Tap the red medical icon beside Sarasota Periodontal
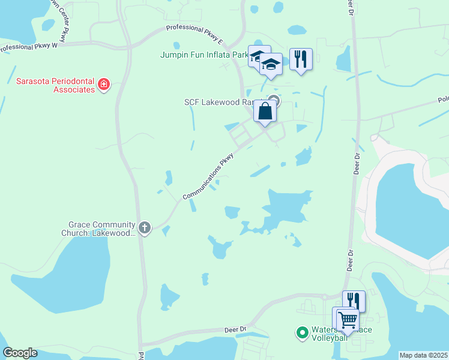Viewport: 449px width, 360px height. pyautogui.click(x=104, y=84)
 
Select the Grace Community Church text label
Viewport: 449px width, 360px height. pyautogui.click(x=99, y=229)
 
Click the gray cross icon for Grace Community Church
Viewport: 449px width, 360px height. pyautogui.click(x=144, y=227)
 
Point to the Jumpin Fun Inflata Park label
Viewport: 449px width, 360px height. pyautogui.click(x=204, y=55)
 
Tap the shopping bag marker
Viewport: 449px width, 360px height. pyautogui.click(x=265, y=111)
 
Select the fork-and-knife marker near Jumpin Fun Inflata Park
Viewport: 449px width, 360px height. pyautogui.click(x=301, y=59)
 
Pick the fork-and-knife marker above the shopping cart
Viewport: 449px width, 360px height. pyautogui.click(x=354, y=301)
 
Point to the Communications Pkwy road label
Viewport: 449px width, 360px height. pyautogui.click(x=208, y=176)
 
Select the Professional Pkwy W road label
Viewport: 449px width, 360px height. pyautogui.click(x=29, y=46)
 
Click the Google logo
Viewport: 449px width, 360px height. pyautogui.click(x=20, y=352)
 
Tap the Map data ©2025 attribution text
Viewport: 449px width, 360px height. pyautogui.click(x=423, y=355)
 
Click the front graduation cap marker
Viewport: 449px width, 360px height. pyautogui.click(x=271, y=64)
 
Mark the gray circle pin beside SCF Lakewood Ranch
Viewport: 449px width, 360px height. pyautogui.click(x=274, y=100)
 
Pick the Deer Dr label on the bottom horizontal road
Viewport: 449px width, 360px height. pyautogui.click(x=235, y=329)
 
